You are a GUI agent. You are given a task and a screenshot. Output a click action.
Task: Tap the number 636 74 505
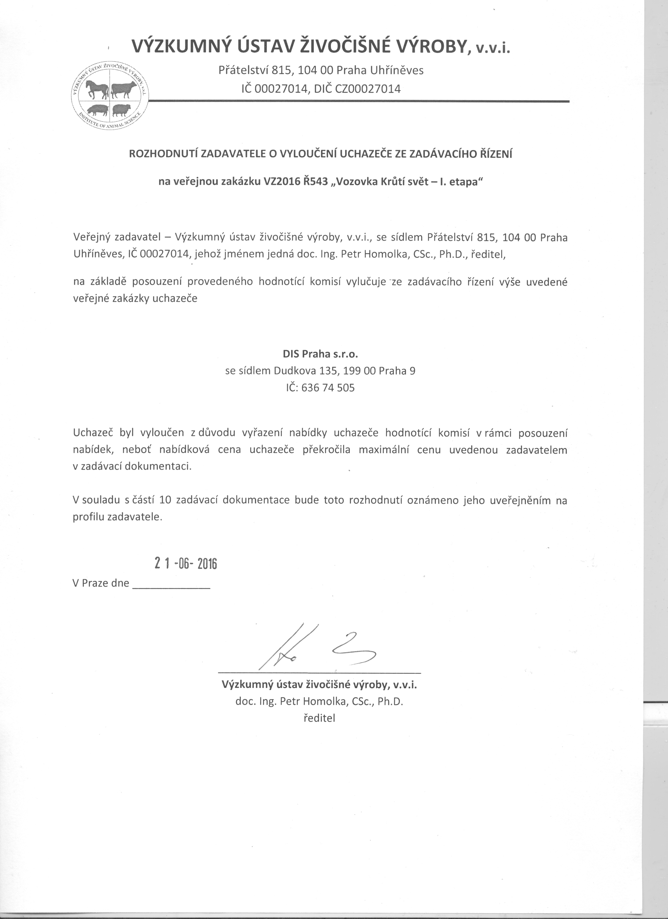click(x=328, y=388)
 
